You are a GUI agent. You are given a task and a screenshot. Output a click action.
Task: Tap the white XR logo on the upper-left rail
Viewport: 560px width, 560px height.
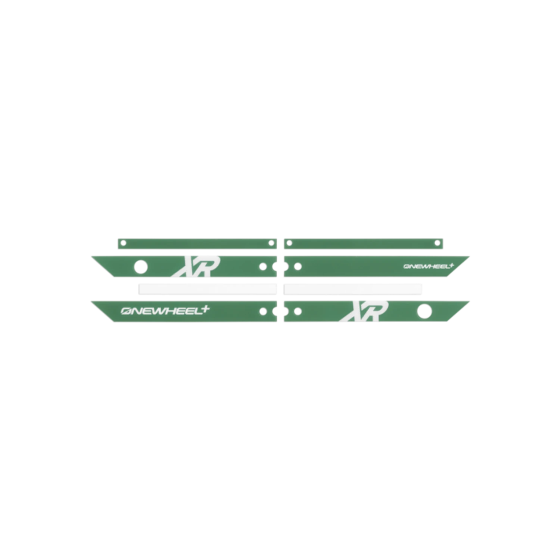click(x=195, y=266)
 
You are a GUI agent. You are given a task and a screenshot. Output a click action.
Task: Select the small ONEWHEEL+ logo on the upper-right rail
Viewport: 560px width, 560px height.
click(x=429, y=266)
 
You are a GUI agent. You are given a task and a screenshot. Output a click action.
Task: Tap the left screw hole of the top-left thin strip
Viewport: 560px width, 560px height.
click(x=124, y=243)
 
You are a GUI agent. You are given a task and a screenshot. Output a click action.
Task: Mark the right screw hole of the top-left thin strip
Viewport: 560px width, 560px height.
click(x=271, y=243)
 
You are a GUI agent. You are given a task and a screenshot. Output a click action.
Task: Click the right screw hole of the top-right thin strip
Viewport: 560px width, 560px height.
click(x=437, y=243)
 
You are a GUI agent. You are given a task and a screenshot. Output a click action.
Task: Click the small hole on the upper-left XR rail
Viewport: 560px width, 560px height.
click(x=263, y=267)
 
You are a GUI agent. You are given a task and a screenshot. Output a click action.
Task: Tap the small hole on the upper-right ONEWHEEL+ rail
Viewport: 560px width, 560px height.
click(x=298, y=267)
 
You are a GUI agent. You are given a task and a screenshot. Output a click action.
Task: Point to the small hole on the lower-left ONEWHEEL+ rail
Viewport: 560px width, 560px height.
click(x=263, y=311)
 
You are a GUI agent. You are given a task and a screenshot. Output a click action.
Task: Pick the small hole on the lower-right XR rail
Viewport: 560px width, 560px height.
click(x=298, y=311)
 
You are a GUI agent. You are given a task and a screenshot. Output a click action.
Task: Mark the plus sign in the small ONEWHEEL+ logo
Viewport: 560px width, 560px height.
click(x=451, y=265)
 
